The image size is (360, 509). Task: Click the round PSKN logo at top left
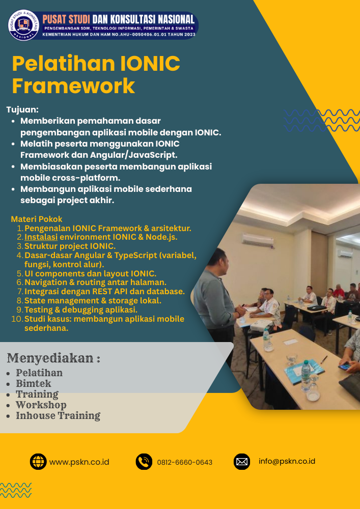point(23,25)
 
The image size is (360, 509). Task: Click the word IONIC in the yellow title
point(150,64)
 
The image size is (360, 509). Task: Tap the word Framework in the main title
point(73,86)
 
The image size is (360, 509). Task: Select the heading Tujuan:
point(22,109)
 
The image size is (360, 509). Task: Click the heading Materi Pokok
point(37,219)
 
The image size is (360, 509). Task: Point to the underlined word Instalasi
point(41,237)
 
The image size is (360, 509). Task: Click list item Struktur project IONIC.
point(70,246)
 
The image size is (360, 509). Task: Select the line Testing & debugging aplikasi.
point(81,309)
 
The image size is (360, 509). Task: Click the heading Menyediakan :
point(53,358)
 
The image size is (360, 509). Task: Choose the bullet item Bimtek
point(34,383)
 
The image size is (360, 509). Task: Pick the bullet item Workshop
point(41,405)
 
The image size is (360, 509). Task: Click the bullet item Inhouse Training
point(58,416)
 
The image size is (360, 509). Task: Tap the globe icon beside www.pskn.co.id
point(38,462)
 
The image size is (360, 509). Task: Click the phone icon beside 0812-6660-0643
point(144,462)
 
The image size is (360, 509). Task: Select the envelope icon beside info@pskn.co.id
point(242,462)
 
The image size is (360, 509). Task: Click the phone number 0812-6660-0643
point(184,462)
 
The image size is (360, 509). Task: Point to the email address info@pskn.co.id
point(287,461)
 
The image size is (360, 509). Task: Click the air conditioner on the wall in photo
point(257,238)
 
